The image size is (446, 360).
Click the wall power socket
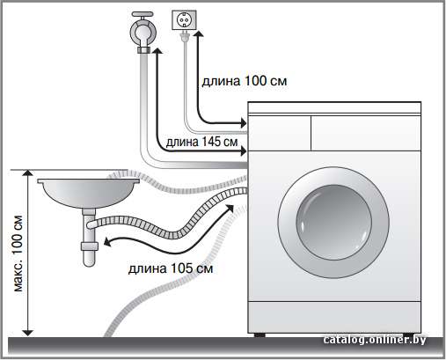[x=184, y=20]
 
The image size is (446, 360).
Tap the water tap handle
[x=143, y=14]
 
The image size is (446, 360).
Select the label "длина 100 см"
[x=245, y=81]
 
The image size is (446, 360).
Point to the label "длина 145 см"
[x=201, y=142]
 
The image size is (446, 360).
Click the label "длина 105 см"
[x=171, y=268]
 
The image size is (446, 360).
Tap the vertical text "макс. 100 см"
[x=18, y=253]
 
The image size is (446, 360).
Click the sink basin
[x=89, y=193]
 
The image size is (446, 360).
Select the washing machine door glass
[x=333, y=222]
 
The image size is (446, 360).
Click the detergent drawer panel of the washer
[x=280, y=133]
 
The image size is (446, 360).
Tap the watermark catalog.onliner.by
[x=375, y=340]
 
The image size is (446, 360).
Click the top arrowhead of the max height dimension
[x=28, y=173]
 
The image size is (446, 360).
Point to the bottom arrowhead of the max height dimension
[x=28, y=333]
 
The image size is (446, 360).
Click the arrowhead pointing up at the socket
[x=199, y=33]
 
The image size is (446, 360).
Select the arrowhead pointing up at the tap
[x=157, y=50]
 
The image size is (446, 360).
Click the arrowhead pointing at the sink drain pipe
[x=107, y=243]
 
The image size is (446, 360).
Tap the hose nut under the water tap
[x=143, y=49]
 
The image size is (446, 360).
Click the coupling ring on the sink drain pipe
[x=89, y=246]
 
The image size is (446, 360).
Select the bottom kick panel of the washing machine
[x=334, y=318]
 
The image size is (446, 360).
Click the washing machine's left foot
[x=259, y=334]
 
